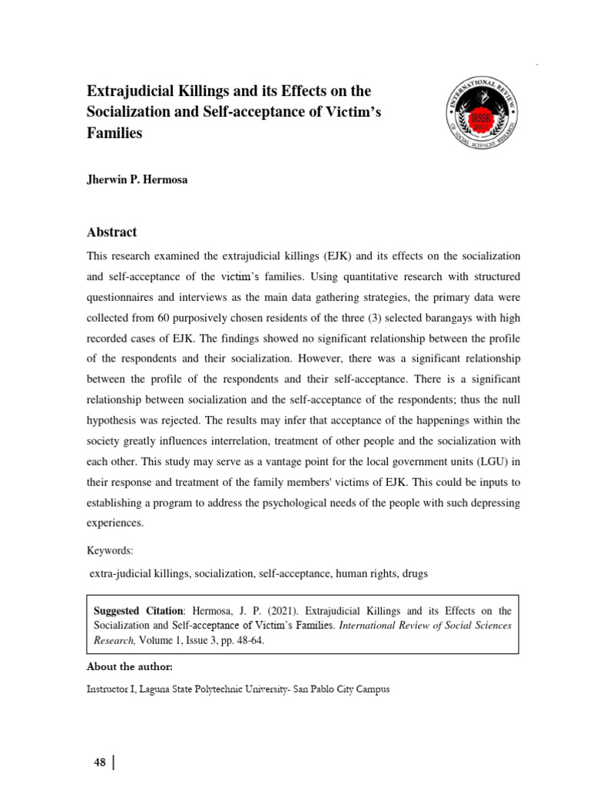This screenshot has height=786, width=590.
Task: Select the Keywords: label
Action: pyautogui.click(x=111, y=550)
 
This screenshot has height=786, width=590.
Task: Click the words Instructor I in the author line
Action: pyautogui.click(x=111, y=689)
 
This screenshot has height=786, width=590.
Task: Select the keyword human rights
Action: pyautogui.click(x=346, y=573)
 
